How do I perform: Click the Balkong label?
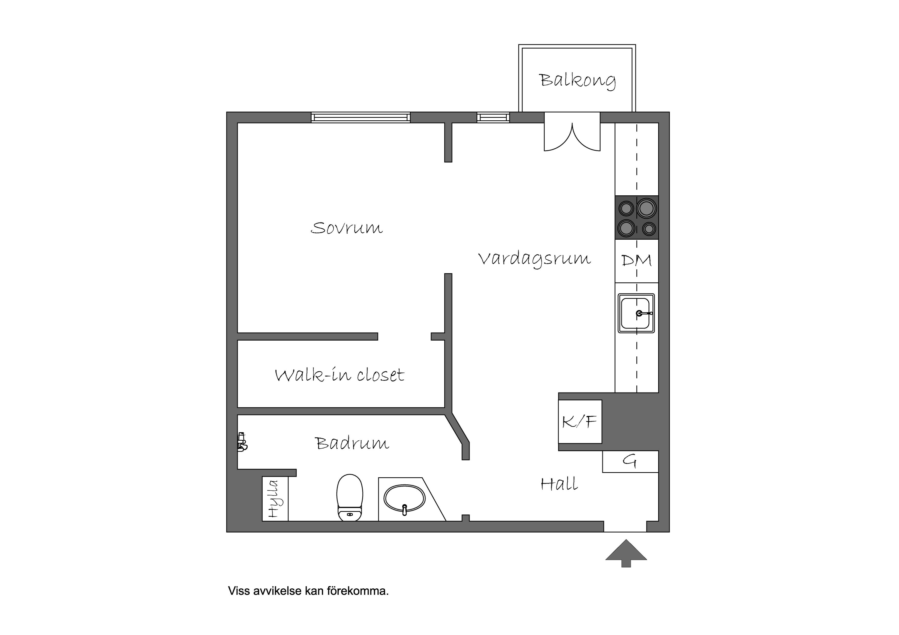(x=578, y=81)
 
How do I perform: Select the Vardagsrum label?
(x=535, y=259)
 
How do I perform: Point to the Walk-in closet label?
(x=340, y=375)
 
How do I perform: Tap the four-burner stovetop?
(x=637, y=218)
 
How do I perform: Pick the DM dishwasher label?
(x=637, y=261)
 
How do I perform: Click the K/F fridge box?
(x=580, y=422)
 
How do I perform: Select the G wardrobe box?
(x=630, y=462)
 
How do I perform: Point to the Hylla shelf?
(x=275, y=499)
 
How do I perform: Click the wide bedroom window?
(x=361, y=117)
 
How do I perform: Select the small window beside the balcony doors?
(x=493, y=117)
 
